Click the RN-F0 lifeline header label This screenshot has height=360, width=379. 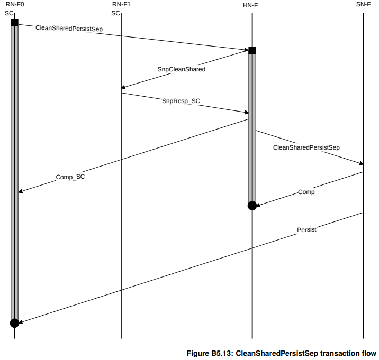tap(14, 5)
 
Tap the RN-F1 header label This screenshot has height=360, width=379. tap(121, 5)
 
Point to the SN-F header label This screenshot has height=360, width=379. tap(364, 5)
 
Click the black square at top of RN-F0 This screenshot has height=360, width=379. tap(14, 23)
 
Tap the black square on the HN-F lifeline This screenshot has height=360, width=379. tap(252, 50)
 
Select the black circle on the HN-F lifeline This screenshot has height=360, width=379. tap(252, 206)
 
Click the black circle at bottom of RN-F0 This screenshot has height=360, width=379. tap(14, 322)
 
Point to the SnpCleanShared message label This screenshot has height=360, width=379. tap(181, 69)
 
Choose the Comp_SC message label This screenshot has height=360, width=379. tap(70, 177)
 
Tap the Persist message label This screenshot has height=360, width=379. tap(307, 229)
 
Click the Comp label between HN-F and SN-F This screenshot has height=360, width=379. tap(306, 192)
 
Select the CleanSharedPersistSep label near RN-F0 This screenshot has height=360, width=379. tap(69, 28)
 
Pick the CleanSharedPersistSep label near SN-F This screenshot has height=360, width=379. tap(306, 147)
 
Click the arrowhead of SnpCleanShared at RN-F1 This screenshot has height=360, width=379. tap(123, 88)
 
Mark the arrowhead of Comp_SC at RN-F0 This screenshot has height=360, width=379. tap(20, 191)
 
